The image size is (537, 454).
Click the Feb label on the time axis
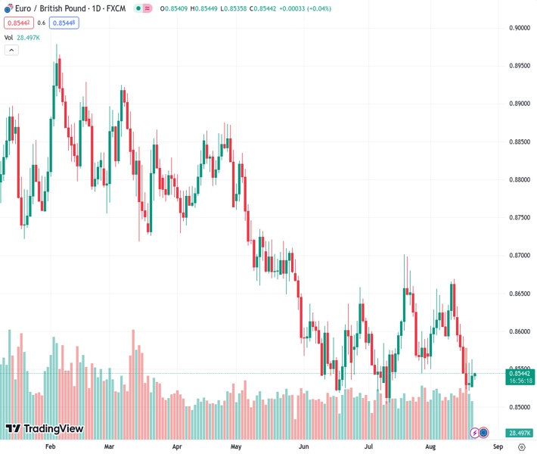[51, 446]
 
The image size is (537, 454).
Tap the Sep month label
[488, 446]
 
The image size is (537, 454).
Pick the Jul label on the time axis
[369, 446]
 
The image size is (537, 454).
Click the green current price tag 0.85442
[520, 373]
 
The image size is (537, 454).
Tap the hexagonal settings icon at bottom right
[521, 446]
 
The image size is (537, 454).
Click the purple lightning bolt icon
[474, 433]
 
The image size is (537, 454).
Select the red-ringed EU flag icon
[484, 433]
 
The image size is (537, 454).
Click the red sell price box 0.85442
[18, 23]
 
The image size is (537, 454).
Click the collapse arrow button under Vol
[11, 50]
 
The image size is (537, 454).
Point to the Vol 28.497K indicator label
[22, 37]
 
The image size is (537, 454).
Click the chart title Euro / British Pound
[46, 8]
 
